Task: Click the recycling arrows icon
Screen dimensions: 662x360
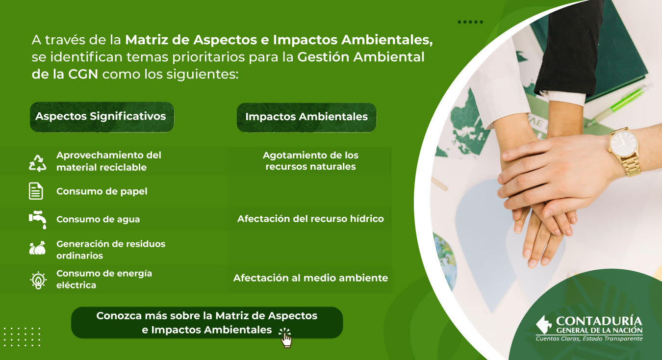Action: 38,163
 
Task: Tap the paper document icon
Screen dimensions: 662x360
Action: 36,191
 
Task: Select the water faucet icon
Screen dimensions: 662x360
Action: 38,220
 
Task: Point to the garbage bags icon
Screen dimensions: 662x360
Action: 38,248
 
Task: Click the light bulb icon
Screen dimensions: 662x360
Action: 38,280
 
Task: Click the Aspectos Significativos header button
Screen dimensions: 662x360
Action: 102,117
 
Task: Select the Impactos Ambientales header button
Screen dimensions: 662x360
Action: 306,117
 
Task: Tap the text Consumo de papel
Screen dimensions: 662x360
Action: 102,191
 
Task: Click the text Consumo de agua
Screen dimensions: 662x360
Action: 98,219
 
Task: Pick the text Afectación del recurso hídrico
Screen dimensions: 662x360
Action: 310,219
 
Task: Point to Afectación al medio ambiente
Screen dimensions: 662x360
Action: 310,278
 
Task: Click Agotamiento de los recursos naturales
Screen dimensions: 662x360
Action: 310,161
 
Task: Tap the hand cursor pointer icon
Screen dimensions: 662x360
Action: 285,338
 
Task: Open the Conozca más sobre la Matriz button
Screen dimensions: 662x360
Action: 207,322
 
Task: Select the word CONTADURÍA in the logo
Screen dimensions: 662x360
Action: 599,321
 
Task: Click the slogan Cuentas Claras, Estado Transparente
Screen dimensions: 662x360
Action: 589,339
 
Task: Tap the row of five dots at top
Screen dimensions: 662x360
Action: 470,22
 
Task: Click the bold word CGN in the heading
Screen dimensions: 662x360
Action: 83,74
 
